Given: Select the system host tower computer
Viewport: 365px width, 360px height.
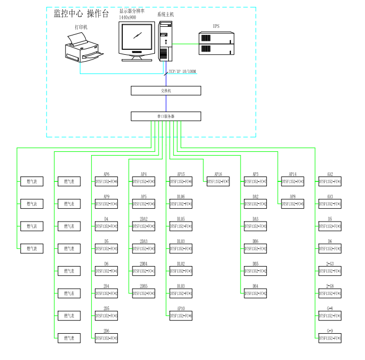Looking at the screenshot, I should (x=165, y=40).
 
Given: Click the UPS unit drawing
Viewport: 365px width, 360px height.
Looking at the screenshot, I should (x=217, y=43).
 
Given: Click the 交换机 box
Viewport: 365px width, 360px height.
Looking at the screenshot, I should (x=166, y=91).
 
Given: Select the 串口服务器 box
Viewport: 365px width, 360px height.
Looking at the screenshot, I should (x=166, y=116).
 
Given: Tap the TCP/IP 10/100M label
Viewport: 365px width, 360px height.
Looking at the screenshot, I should (x=182, y=72).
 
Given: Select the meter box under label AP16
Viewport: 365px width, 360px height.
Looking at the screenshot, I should (x=218, y=182).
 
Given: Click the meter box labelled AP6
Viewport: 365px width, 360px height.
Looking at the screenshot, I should (x=106, y=182).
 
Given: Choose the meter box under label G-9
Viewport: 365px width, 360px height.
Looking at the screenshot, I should (x=330, y=338).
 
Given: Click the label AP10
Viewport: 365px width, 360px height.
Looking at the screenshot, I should (x=181, y=309).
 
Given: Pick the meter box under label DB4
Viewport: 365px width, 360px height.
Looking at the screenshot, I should (x=256, y=293).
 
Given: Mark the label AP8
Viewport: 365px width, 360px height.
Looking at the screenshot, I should (x=293, y=197).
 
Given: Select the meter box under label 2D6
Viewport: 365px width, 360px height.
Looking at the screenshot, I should (x=106, y=338).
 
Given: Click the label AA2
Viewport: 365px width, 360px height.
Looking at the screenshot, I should (x=330, y=174).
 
